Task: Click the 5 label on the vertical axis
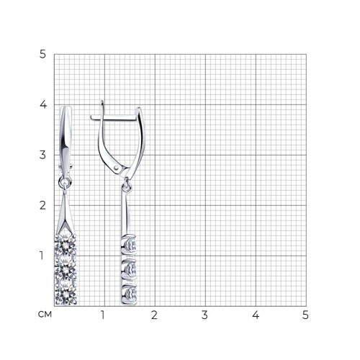coord(42,55)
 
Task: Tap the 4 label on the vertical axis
coord(43,104)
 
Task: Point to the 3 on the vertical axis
coord(42,155)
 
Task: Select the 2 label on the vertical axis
coord(42,205)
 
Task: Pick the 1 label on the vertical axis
coord(42,256)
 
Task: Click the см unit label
coord(45,314)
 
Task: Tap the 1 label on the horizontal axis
coord(103,315)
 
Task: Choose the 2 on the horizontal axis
coord(154,315)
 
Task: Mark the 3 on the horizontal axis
coord(204,315)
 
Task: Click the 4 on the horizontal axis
coord(256,315)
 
